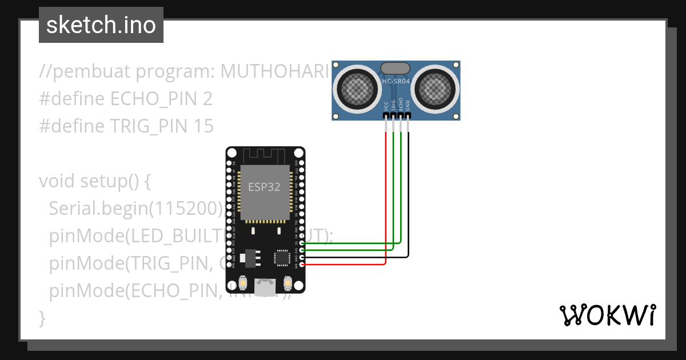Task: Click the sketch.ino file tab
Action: pyautogui.click(x=101, y=25)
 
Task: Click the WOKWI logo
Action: pyautogui.click(x=607, y=315)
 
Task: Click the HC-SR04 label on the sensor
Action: pyautogui.click(x=396, y=82)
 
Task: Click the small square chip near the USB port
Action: pyautogui.click(x=282, y=257)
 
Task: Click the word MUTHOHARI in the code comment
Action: pyautogui.click(x=275, y=71)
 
